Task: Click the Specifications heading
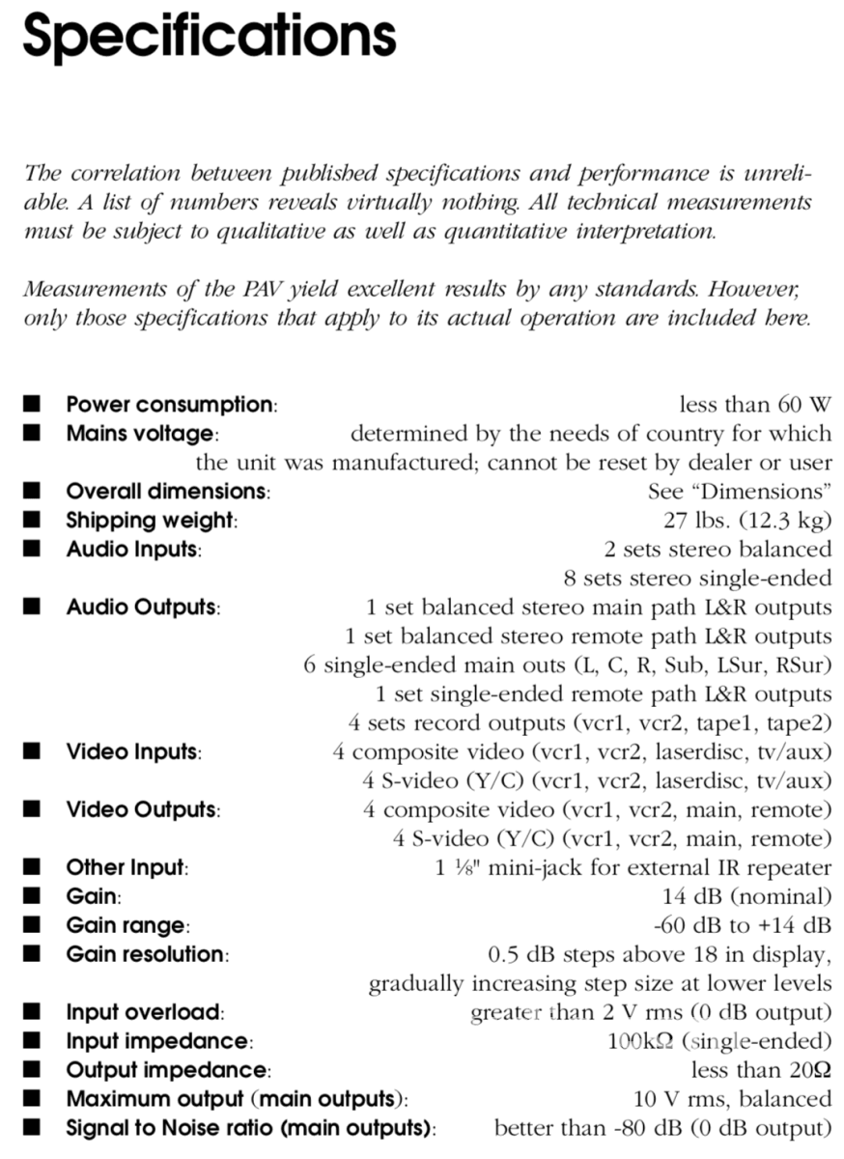pyautogui.click(x=210, y=37)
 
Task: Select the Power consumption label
pyautogui.click(x=171, y=405)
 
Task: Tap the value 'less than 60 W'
pyautogui.click(x=755, y=405)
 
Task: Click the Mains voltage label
pyautogui.click(x=142, y=434)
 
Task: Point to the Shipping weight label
pyautogui.click(x=151, y=521)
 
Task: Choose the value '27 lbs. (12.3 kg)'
pyautogui.click(x=746, y=521)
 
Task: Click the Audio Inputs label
pyautogui.click(x=133, y=550)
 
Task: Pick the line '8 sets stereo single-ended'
pyautogui.click(x=697, y=579)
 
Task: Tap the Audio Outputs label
pyautogui.click(x=143, y=608)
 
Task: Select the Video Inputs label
pyautogui.click(x=133, y=752)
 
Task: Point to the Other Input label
pyautogui.click(x=127, y=868)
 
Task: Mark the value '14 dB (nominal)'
pyautogui.click(x=746, y=896)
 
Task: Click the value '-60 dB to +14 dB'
pyautogui.click(x=742, y=925)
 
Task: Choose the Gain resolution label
pyautogui.click(x=147, y=954)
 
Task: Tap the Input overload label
pyautogui.click(x=145, y=1012)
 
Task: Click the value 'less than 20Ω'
pyautogui.click(x=761, y=1070)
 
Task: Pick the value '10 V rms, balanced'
pyautogui.click(x=731, y=1099)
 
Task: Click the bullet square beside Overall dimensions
pyautogui.click(x=34, y=491)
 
